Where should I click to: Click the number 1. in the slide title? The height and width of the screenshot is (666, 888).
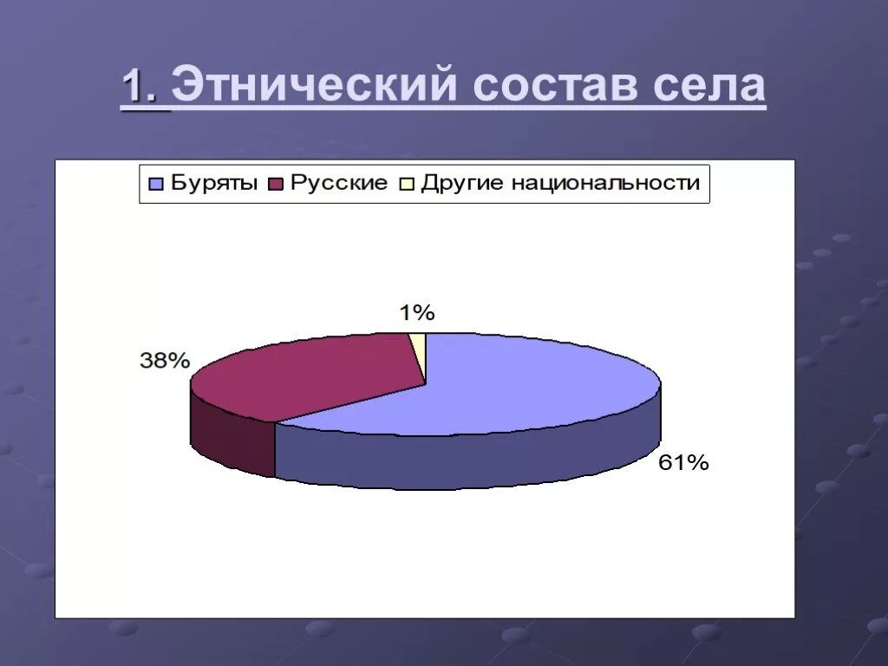pyautogui.click(x=144, y=88)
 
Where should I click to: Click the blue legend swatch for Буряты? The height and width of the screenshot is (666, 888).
pyautogui.click(x=156, y=184)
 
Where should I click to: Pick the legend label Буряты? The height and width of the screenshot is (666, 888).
pyautogui.click(x=214, y=184)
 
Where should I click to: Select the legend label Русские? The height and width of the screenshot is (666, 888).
pyautogui.click(x=338, y=184)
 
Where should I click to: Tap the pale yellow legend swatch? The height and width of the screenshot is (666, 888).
pyautogui.click(x=406, y=184)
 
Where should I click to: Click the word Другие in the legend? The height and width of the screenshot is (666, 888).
pyautogui.click(x=462, y=184)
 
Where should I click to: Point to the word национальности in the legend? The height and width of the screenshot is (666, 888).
pyautogui.click(x=604, y=184)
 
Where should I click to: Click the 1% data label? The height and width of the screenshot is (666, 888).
pyautogui.click(x=416, y=313)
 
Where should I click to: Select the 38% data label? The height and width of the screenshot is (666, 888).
pyautogui.click(x=165, y=361)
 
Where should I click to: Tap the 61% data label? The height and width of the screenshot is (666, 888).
pyautogui.click(x=683, y=463)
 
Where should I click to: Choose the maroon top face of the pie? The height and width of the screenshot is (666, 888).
pyautogui.click(x=304, y=373)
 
